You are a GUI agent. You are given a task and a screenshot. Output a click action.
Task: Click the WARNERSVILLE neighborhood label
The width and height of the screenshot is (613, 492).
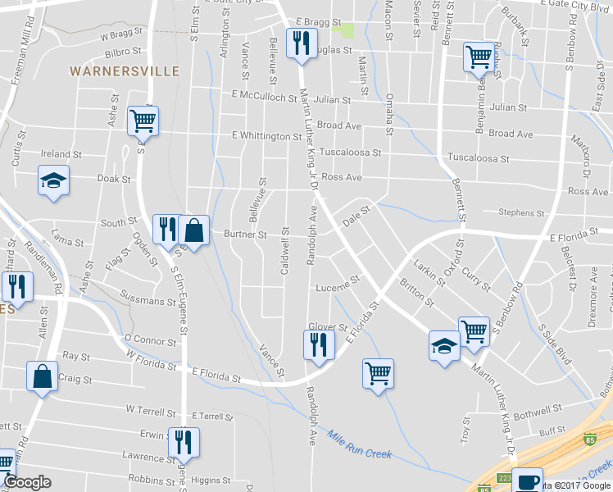pos(125,71)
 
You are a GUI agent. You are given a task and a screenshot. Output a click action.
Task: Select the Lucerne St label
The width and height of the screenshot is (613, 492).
pos(338,285)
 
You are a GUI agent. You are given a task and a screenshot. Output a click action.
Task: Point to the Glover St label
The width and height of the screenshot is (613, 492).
pos(328,326)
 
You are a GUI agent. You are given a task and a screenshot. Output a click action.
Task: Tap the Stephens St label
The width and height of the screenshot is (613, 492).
pos(517,213)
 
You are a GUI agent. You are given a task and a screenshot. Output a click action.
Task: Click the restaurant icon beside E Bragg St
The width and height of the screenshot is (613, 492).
pos(300,41)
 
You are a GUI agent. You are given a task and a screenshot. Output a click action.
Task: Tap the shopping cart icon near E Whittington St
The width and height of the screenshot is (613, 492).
pos(143,121)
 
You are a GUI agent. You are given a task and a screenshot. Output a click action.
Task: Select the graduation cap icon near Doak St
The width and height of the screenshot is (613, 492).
pos(54,180)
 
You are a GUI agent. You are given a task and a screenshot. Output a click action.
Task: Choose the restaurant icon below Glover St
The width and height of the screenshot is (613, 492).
pos(318,344)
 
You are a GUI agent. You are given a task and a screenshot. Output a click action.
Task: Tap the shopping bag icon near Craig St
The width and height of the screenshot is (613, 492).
pos(42,376)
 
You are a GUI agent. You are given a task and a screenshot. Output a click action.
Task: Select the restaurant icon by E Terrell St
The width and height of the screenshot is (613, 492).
pos(183,441)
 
